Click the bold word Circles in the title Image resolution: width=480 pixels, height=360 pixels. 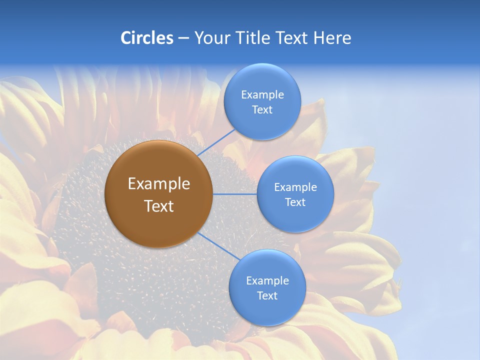147,38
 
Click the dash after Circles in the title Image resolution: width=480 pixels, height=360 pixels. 183,38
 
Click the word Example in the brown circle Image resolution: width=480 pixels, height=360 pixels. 158,184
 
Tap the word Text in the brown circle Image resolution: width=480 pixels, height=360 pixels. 158,206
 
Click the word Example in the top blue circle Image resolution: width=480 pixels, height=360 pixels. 262,95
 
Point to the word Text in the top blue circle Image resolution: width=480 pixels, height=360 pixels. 262,110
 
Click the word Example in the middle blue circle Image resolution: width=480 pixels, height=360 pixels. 295,187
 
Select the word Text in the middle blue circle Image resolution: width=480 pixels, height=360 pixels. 295,202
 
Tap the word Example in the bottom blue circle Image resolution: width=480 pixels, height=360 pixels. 267,281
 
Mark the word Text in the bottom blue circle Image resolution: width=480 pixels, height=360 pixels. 267,296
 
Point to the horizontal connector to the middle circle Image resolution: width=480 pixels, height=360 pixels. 234,194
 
